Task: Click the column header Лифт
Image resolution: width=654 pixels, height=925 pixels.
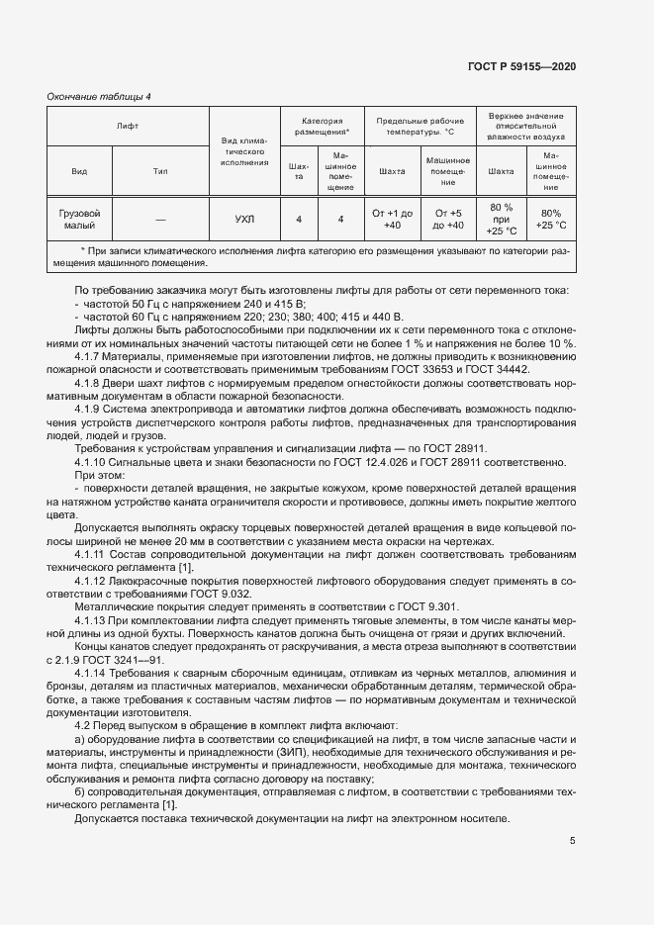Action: (128, 127)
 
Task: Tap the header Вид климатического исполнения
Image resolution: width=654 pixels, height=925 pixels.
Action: (244, 152)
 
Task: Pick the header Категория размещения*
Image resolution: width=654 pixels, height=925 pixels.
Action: (322, 126)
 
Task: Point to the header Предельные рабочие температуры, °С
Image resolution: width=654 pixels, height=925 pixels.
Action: (420, 126)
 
